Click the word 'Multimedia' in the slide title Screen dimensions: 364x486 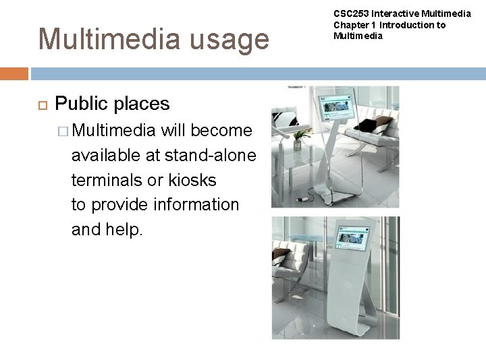click(x=95, y=39)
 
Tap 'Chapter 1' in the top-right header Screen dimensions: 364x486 click(x=350, y=25)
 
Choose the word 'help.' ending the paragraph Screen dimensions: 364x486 click(x=125, y=229)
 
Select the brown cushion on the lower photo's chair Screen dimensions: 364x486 click(x=278, y=256)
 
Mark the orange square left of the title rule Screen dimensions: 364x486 click(x=14, y=73)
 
